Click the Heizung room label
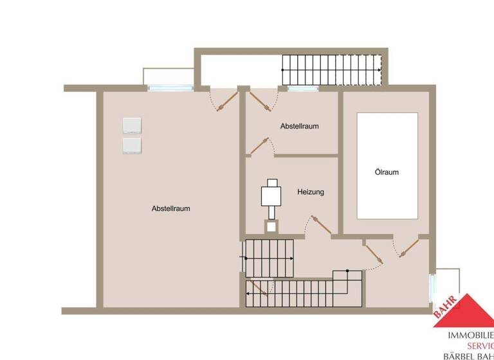[x=310, y=192]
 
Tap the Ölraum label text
[x=387, y=172]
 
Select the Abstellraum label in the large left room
[x=170, y=208]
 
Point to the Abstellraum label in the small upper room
[x=299, y=126]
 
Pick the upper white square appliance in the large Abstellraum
[x=132, y=125]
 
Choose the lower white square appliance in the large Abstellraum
[x=132, y=145]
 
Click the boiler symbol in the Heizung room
[x=271, y=195]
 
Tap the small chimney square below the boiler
[x=271, y=226]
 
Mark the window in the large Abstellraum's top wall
[x=170, y=88]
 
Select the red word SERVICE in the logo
[x=475, y=345]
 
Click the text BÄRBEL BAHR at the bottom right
[x=469, y=355]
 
